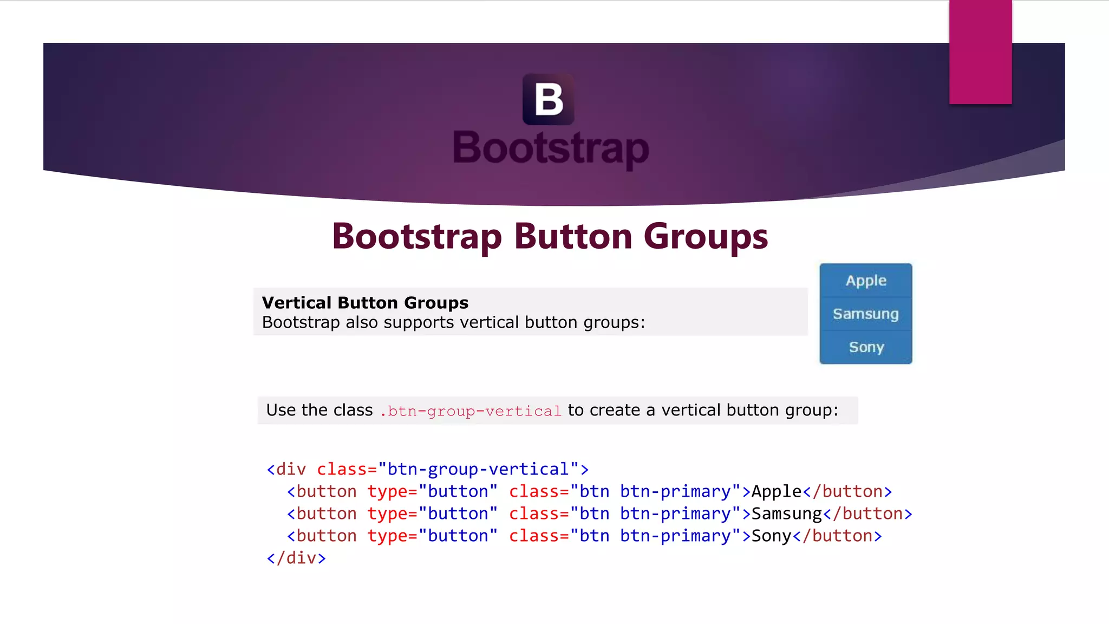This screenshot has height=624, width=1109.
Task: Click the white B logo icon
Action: click(x=548, y=100)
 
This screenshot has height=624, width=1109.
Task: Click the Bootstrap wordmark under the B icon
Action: click(x=551, y=148)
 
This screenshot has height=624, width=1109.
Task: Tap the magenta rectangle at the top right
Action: click(x=980, y=52)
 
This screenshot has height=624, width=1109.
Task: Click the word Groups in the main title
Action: click(x=705, y=237)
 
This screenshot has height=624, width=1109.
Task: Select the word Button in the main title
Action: click(x=573, y=237)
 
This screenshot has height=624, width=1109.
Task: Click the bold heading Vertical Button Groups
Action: click(x=365, y=303)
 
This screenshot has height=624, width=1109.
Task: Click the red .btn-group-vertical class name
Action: click(x=470, y=411)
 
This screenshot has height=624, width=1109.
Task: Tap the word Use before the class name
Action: click(x=281, y=410)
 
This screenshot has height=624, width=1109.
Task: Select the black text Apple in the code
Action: click(x=776, y=492)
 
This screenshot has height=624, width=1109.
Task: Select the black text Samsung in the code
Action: click(x=786, y=514)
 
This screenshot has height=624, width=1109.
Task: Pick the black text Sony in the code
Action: click(x=771, y=536)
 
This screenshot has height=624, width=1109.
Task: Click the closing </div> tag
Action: click(x=296, y=558)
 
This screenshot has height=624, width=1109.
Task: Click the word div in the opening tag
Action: click(x=291, y=469)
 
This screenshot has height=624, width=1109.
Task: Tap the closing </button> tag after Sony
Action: click(x=837, y=536)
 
